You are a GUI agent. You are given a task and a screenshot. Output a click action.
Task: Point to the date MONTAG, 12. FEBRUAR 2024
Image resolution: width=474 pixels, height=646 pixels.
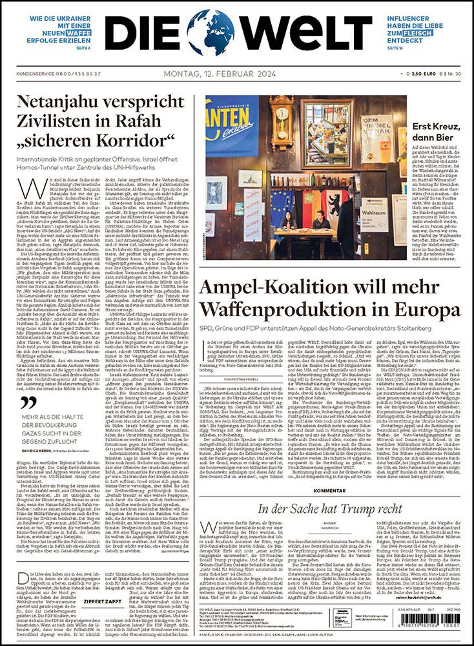coord(220,75)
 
